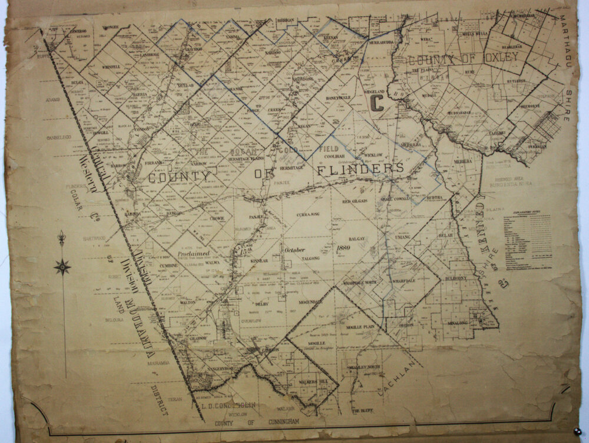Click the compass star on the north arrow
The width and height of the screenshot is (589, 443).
point(62,267)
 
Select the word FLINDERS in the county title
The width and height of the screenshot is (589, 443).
point(360,169)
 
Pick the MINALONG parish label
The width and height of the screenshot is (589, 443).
point(456,323)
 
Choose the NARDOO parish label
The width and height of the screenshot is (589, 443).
point(273,53)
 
